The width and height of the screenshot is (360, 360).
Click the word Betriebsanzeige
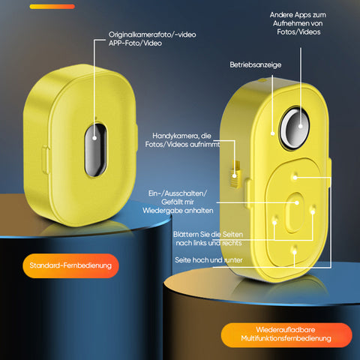(256, 64)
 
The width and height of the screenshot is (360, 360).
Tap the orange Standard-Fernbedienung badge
(70, 265)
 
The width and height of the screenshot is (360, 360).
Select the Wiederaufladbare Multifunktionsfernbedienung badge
(286, 334)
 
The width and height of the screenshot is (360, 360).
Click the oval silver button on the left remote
(95, 149)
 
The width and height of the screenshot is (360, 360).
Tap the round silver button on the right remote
(295, 128)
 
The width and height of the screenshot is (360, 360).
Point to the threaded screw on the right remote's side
(235, 174)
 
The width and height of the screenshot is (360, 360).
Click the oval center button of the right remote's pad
(295, 212)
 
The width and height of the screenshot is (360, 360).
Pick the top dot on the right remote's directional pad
(295, 176)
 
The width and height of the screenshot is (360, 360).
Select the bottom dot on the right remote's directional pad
(295, 250)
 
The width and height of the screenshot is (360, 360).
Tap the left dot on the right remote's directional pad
(274, 221)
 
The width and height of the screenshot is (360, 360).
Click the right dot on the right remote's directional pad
(313, 209)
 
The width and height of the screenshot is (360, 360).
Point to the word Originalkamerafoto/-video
(152, 34)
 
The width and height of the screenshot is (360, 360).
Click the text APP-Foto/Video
(135, 43)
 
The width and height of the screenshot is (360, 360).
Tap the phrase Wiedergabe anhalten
(178, 211)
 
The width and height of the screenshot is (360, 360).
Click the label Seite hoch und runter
(208, 260)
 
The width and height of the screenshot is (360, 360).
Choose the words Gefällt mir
(178, 202)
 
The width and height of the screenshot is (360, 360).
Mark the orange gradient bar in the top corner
(52, 7)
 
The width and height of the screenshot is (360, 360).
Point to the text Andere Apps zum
(298, 15)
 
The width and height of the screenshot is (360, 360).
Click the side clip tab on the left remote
(46, 160)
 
